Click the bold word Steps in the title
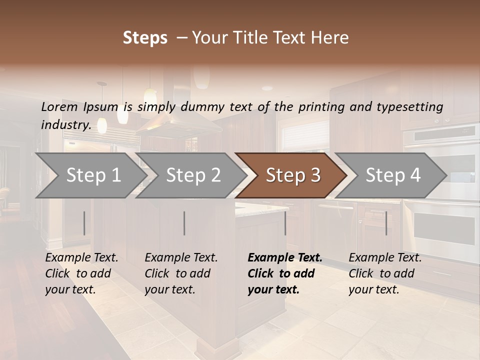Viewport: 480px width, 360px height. pos(145,38)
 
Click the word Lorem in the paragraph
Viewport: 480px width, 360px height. pos(59,106)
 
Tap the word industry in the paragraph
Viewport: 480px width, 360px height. pos(65,124)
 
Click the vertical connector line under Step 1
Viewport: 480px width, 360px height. pos(84,223)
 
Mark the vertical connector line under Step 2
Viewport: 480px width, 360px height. pos(184,223)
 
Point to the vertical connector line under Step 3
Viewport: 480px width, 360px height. pos(285,223)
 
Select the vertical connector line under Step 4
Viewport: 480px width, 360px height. pos(386,223)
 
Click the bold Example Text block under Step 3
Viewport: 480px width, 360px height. pos(285,273)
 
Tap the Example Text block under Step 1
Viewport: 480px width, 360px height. pos(81,273)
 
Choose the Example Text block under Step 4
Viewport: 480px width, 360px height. pos(385,273)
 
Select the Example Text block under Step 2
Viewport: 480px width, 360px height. pos(181,273)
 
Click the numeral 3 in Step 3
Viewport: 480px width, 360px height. pos(314,175)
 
